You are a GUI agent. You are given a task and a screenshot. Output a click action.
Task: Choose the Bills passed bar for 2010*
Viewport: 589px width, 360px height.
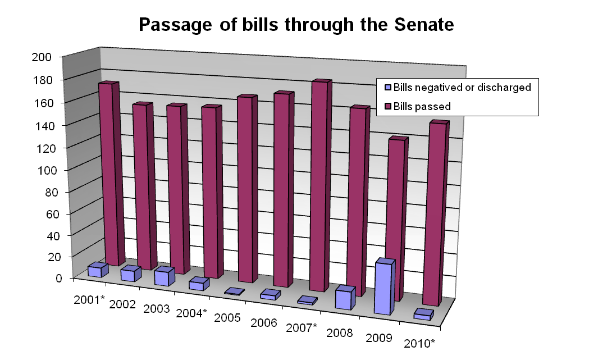[436, 213]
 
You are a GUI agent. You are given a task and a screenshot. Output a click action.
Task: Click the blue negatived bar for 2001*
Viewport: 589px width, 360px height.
[95, 271]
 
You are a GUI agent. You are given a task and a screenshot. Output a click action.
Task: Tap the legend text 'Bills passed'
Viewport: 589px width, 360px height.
[422, 106]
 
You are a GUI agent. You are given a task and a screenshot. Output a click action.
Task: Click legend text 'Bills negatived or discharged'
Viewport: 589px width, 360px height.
[462, 88]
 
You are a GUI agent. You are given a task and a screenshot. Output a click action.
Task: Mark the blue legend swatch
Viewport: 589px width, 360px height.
[387, 88]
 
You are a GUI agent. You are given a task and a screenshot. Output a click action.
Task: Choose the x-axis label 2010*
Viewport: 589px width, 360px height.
[419, 343]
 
